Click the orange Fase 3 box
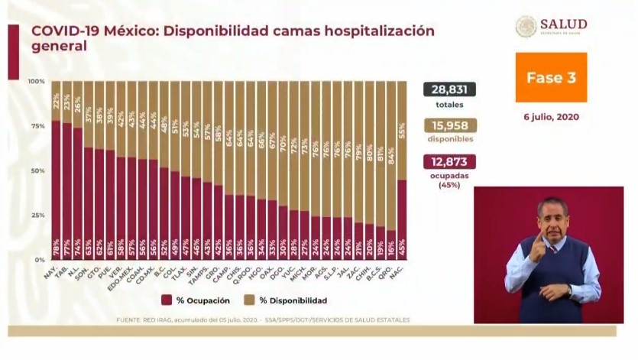550,77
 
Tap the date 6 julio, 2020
550,117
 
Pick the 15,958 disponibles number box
450,126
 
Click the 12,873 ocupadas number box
450,161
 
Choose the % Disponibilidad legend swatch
246,300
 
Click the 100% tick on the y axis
36,81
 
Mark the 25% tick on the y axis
37,216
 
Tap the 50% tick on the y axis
37,170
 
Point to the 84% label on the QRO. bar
391,161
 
